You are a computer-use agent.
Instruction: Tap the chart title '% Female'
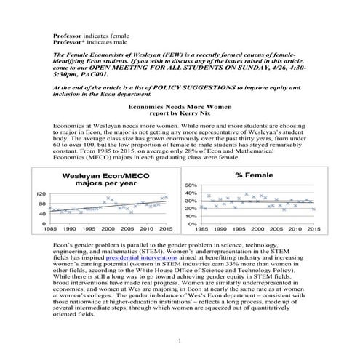click(x=254, y=175)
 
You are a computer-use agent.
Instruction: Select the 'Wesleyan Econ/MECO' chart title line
click(x=103, y=175)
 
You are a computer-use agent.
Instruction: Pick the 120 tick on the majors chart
click(x=42, y=194)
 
